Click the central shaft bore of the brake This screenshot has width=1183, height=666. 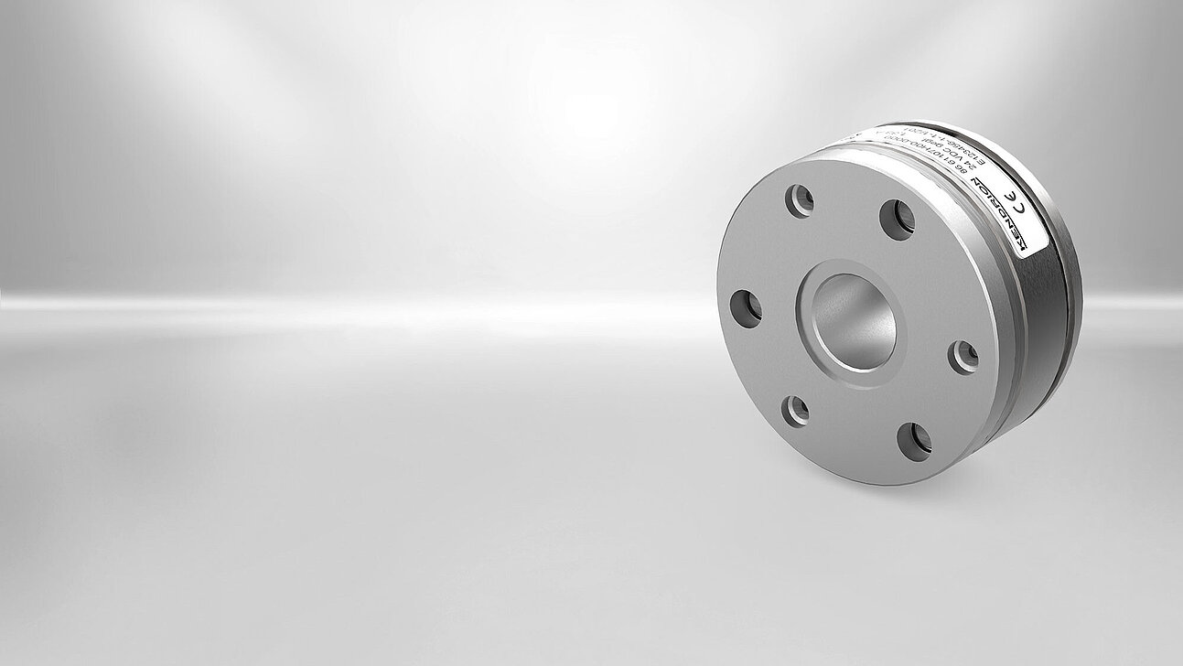[854, 321]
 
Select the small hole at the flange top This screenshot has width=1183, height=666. [801, 200]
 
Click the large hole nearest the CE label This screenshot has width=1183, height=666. [898, 220]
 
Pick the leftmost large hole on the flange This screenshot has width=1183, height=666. [746, 308]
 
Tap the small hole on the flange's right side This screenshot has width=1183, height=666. [963, 357]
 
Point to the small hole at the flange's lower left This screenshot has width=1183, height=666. [795, 411]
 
